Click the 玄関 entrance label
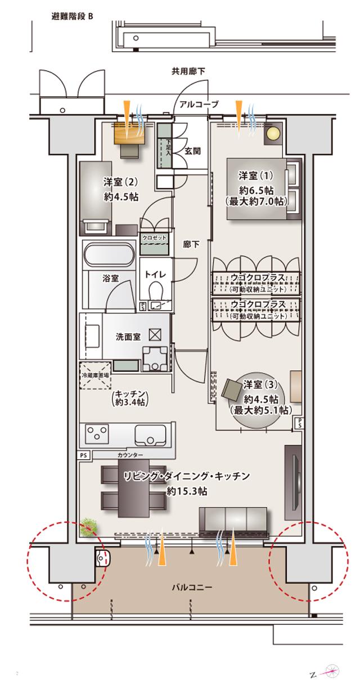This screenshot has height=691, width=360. [193, 150]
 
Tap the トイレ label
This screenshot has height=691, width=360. [154, 275]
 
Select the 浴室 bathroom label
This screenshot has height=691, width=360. [110, 278]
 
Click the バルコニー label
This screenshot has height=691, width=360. [192, 587]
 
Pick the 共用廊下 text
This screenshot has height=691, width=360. [188, 71]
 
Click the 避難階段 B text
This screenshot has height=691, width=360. [72, 16]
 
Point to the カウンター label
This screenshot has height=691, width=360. [130, 454]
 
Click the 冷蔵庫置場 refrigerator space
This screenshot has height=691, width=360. [96, 375]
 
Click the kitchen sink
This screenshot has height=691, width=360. [150, 434]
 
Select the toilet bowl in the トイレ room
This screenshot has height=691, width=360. [156, 291]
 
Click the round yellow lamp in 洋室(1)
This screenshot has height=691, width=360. [273, 134]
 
